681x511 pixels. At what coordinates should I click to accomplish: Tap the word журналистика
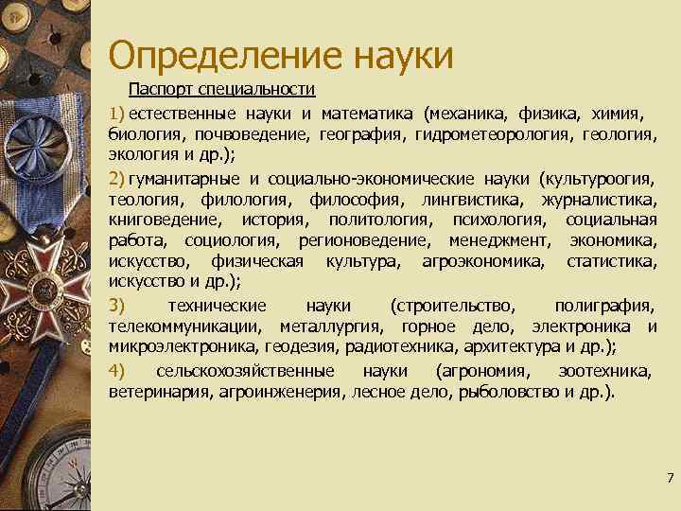click(x=599, y=200)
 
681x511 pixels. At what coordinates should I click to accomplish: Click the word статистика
click(x=611, y=261)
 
